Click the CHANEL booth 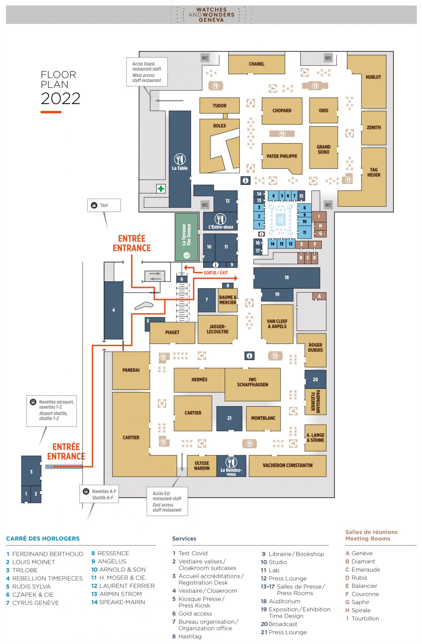coord(256,64)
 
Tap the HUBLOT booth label coord(373,77)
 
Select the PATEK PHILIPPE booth coord(282,156)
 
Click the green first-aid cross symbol coord(161,189)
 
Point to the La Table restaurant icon coord(180,159)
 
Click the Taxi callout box coord(104,205)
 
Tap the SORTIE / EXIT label coord(216,273)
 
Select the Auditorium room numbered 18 coord(287,278)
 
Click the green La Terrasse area coord(186,236)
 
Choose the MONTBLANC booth coord(263,418)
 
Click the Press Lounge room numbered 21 coord(229,418)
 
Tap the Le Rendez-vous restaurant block coord(231,466)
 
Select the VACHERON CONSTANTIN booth coord(287,466)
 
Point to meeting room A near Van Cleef coord(319,296)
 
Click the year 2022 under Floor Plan coord(61,99)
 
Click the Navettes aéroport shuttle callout coord(52,411)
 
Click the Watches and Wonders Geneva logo coord(211,15)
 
